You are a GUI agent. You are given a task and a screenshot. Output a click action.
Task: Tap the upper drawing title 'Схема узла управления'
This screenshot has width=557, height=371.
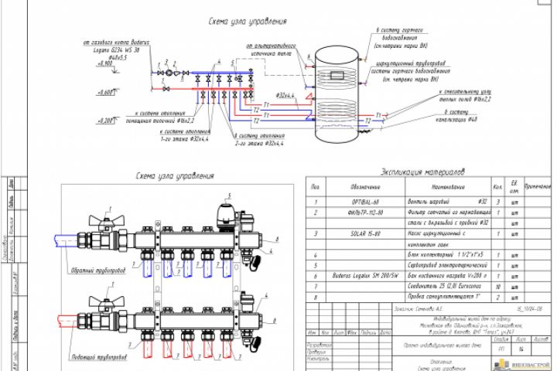248,21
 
